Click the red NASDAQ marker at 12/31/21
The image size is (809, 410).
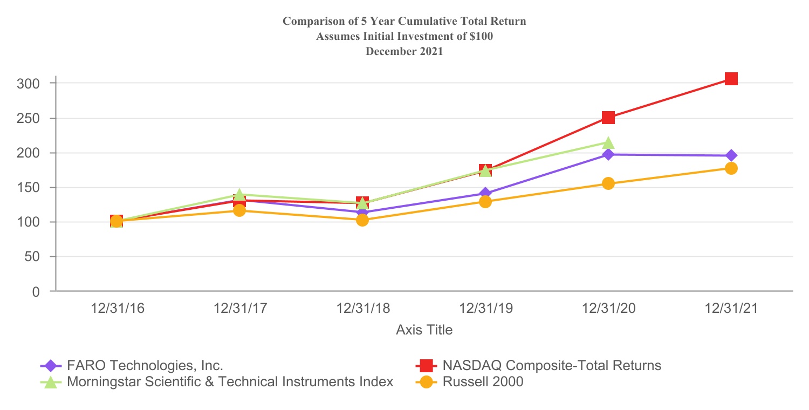pos(731,79)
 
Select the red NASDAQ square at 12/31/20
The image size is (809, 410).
pos(608,118)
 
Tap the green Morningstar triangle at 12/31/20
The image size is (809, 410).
pos(608,142)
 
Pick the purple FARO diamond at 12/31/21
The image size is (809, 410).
pos(731,156)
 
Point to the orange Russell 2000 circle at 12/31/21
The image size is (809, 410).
pos(731,168)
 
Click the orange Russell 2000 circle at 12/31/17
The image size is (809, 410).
pos(239,210)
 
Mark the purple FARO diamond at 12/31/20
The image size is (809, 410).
pos(608,155)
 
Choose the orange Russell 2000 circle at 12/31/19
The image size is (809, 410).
pos(485,202)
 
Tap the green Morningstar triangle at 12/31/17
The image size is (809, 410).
pos(239,195)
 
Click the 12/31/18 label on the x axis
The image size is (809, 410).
pos(362,309)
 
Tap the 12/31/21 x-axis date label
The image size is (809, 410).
pos(731,309)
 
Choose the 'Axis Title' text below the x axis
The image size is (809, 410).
pos(424,330)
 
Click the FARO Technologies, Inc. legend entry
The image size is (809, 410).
pos(145,365)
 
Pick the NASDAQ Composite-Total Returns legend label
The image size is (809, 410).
pos(551,365)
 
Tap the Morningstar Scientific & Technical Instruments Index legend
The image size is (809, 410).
pos(230,382)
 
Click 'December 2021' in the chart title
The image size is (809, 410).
pos(404,52)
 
